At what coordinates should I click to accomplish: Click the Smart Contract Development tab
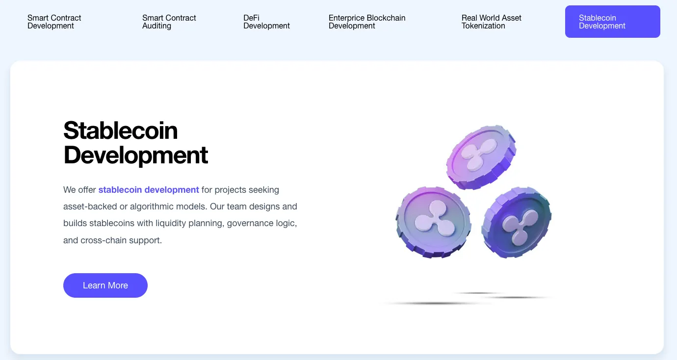(54, 22)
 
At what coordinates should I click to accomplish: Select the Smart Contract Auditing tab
(169, 22)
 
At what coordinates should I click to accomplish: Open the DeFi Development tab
(266, 22)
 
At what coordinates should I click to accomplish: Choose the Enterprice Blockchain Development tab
(367, 22)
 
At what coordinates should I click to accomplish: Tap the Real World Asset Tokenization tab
(491, 22)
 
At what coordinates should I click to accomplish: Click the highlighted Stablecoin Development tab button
(613, 22)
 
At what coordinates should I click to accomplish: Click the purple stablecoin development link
(148, 190)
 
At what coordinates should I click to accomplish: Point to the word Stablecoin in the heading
(120, 130)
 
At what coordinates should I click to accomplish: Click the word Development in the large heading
(136, 155)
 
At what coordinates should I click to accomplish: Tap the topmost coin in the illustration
(481, 157)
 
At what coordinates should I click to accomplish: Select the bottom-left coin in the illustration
(433, 223)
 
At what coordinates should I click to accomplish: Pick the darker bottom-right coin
(516, 223)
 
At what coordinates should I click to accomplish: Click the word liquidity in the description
(170, 223)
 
